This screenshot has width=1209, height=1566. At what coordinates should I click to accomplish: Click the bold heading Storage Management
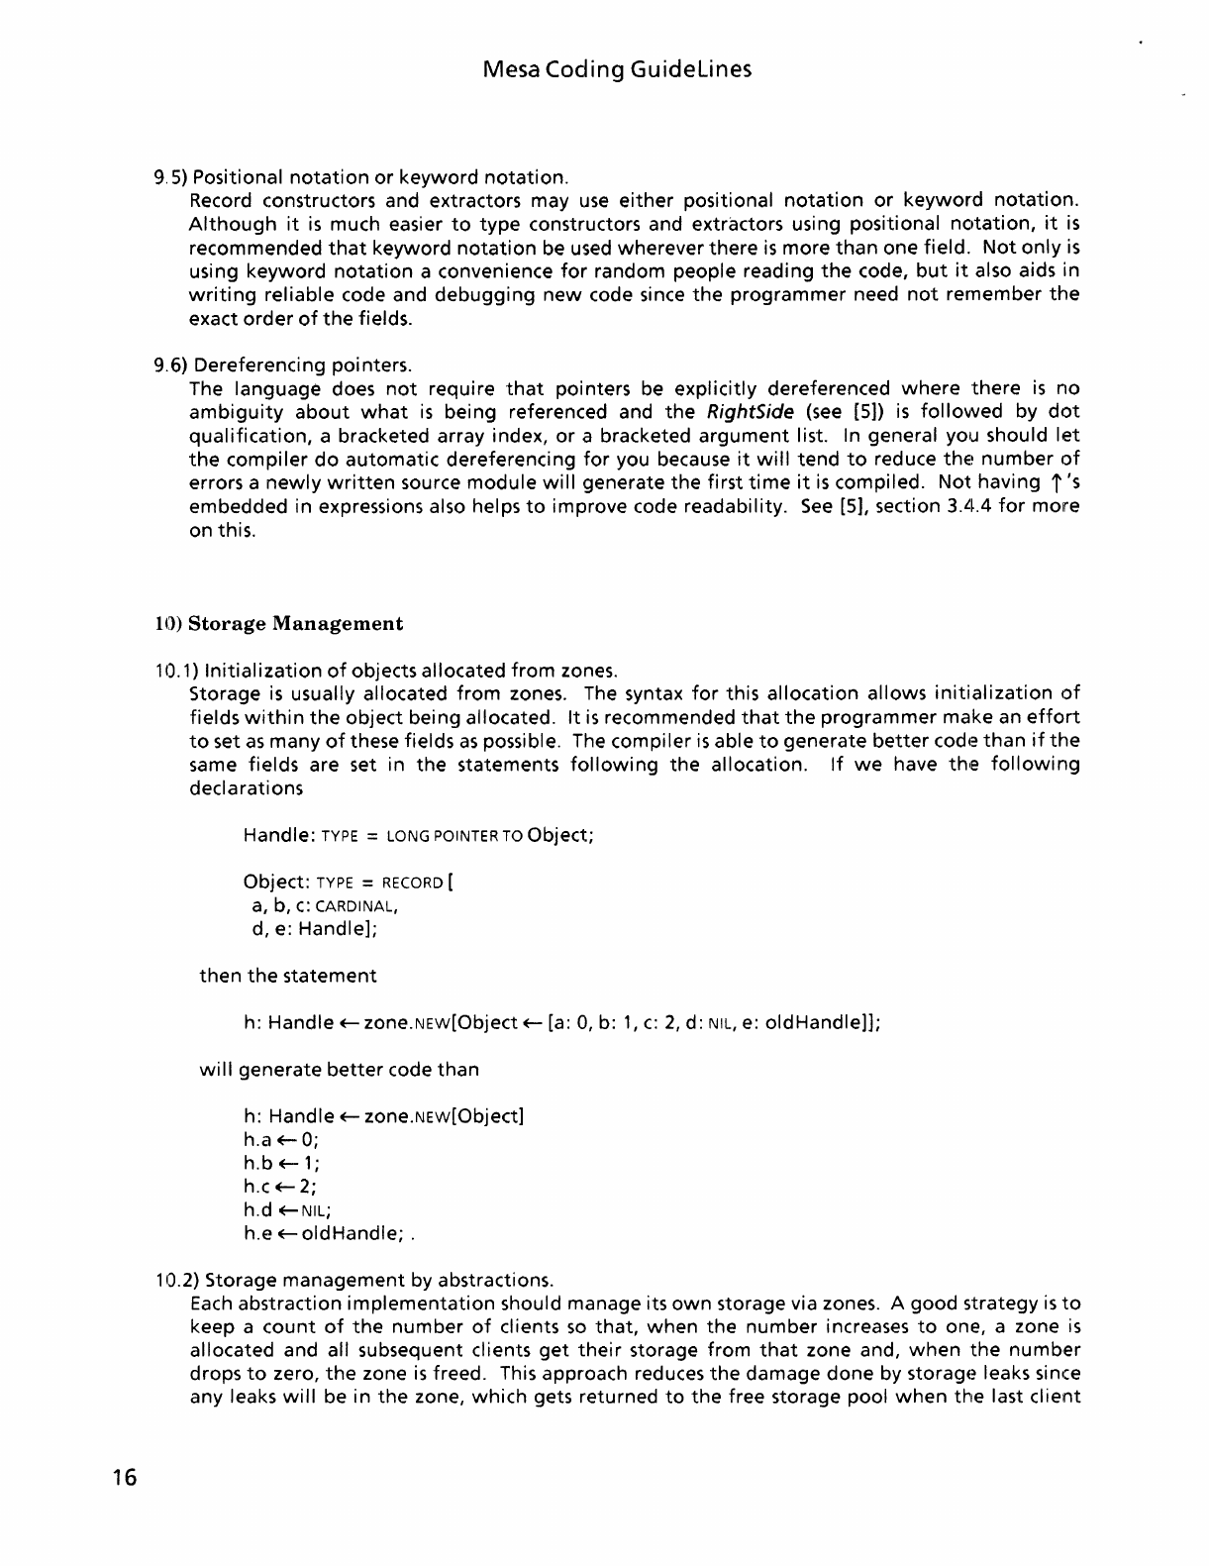click(295, 624)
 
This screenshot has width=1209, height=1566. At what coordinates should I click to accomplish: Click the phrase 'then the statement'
click(288, 977)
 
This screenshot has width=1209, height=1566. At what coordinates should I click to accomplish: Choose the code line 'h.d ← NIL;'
click(286, 1210)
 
